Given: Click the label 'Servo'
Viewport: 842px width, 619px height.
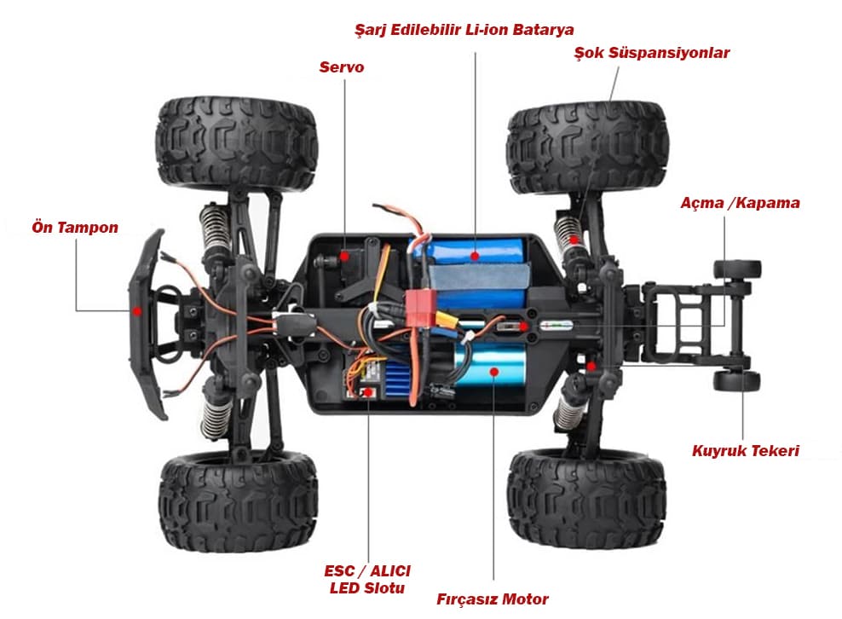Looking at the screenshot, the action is [x=342, y=67].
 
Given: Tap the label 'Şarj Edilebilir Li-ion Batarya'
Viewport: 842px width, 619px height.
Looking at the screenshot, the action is [x=464, y=30].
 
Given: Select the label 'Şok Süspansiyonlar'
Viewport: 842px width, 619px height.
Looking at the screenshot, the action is [x=652, y=53].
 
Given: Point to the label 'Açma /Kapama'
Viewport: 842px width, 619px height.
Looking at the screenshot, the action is [x=740, y=203].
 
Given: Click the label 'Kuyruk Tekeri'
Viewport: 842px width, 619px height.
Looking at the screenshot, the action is [x=746, y=450].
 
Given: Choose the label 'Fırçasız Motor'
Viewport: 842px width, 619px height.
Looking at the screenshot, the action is [x=493, y=599].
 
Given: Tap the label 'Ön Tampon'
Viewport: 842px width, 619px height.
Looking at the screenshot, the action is [x=75, y=227].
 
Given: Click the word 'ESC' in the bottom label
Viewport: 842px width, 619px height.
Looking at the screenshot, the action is [x=339, y=570].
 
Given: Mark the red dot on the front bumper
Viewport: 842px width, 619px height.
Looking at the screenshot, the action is [x=137, y=311].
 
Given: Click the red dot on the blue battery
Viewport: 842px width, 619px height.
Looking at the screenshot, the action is [x=475, y=256].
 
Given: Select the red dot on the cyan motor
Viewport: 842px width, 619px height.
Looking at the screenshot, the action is [x=494, y=371].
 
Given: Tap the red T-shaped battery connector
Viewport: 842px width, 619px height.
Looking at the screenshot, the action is [x=419, y=308].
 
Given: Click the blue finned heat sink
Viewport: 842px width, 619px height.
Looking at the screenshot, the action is [x=396, y=379].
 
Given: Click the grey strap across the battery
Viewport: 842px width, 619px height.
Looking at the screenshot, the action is [x=479, y=277].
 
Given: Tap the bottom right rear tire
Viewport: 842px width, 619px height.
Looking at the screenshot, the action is [x=587, y=499].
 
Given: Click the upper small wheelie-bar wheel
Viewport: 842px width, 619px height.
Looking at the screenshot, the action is [x=736, y=269].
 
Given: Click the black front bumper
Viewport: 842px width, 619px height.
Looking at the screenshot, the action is [x=146, y=325].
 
